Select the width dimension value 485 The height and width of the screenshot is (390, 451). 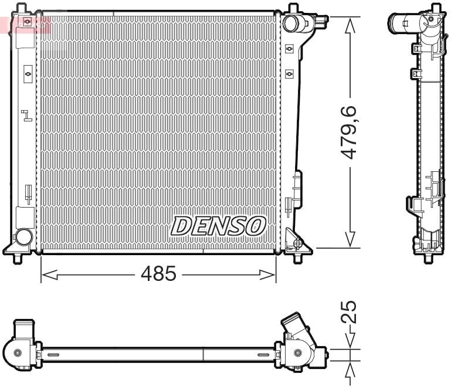tap(158, 273)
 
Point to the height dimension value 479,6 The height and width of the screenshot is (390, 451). tap(350, 133)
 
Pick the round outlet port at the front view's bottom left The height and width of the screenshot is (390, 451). tap(23, 237)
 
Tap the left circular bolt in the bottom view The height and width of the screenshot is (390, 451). tap(17, 352)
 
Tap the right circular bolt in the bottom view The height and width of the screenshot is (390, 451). tap(299, 353)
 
